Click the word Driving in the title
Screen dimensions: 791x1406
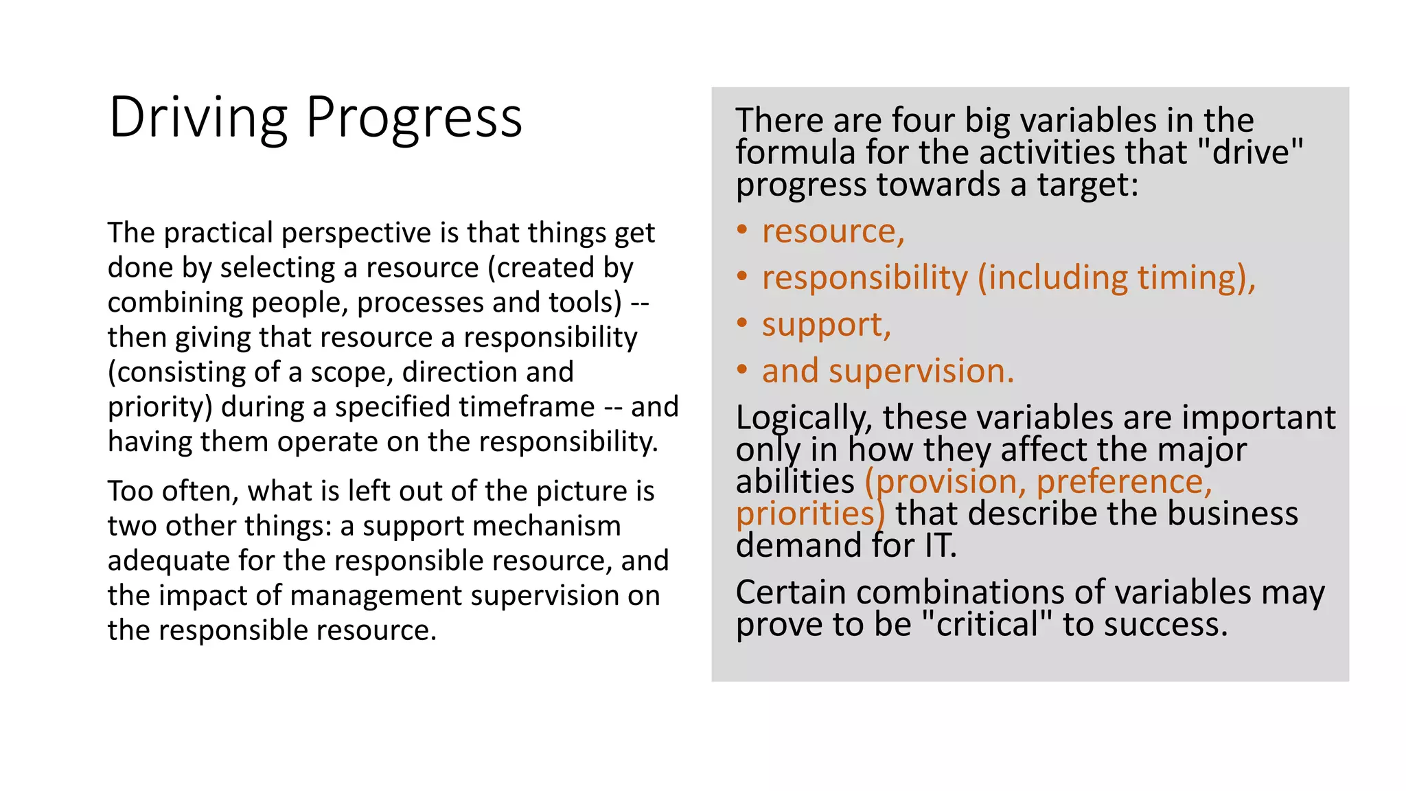coord(198,118)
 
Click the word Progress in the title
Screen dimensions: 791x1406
coord(413,118)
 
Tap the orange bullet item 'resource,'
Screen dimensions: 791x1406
coord(833,231)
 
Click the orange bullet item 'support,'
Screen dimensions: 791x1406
coord(826,325)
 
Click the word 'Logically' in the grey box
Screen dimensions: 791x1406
coord(803,418)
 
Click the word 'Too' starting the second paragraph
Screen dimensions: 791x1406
coord(130,492)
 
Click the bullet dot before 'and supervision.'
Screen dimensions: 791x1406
coord(741,370)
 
